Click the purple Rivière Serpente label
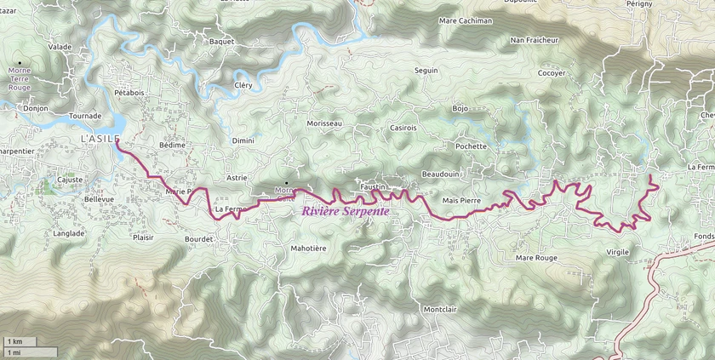tap(345, 211)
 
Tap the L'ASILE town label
tap(100, 138)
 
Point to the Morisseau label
tap(323, 123)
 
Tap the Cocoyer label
tap(552, 73)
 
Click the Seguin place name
tap(426, 70)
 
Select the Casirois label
tap(403, 128)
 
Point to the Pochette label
tap(471, 146)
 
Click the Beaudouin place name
tap(440, 174)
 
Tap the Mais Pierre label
tap(462, 200)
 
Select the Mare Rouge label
tap(536, 257)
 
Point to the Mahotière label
tap(308, 249)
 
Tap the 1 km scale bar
tap(29, 342)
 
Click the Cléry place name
tap(243, 85)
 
